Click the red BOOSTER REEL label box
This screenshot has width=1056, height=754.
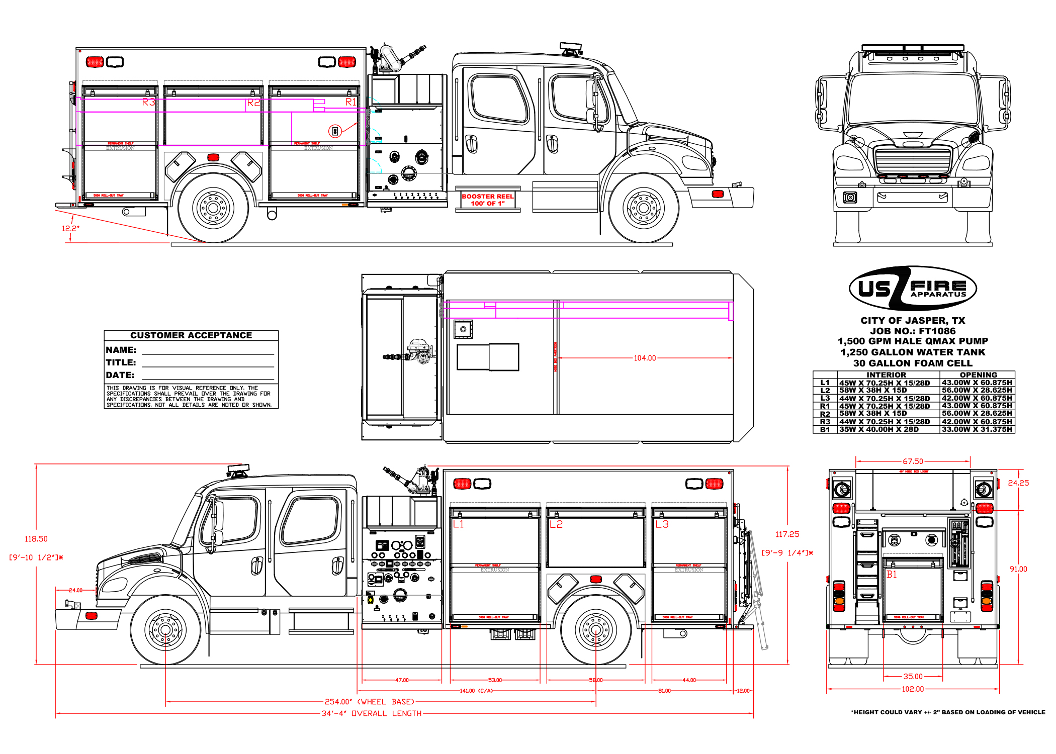click(487, 200)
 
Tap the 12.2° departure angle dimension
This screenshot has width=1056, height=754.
click(70, 228)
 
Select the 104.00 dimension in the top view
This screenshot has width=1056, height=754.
click(645, 358)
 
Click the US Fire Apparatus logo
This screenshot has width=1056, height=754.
click(913, 289)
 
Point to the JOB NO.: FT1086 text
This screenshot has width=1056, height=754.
click(913, 331)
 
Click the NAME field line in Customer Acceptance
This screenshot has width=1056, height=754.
click(208, 353)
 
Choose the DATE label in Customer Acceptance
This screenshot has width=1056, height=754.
click(120, 375)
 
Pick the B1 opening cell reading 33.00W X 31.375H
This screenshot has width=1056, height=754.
click(977, 429)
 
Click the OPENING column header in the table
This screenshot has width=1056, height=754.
click(978, 375)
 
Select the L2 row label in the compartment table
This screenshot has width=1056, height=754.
click(825, 391)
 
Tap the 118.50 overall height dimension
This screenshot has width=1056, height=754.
click(36, 539)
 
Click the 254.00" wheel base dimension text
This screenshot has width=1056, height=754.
click(370, 702)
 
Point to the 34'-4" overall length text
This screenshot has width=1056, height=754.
click(372, 713)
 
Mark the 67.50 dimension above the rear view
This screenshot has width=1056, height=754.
click(913, 461)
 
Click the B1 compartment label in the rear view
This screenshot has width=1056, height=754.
click(892, 575)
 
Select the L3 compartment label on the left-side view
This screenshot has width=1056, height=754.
click(662, 524)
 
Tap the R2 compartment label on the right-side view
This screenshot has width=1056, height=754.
click(253, 103)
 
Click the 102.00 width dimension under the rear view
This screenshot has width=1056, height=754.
click(913, 689)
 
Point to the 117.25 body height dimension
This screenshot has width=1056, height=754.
click(787, 534)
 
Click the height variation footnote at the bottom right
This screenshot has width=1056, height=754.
click(948, 712)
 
